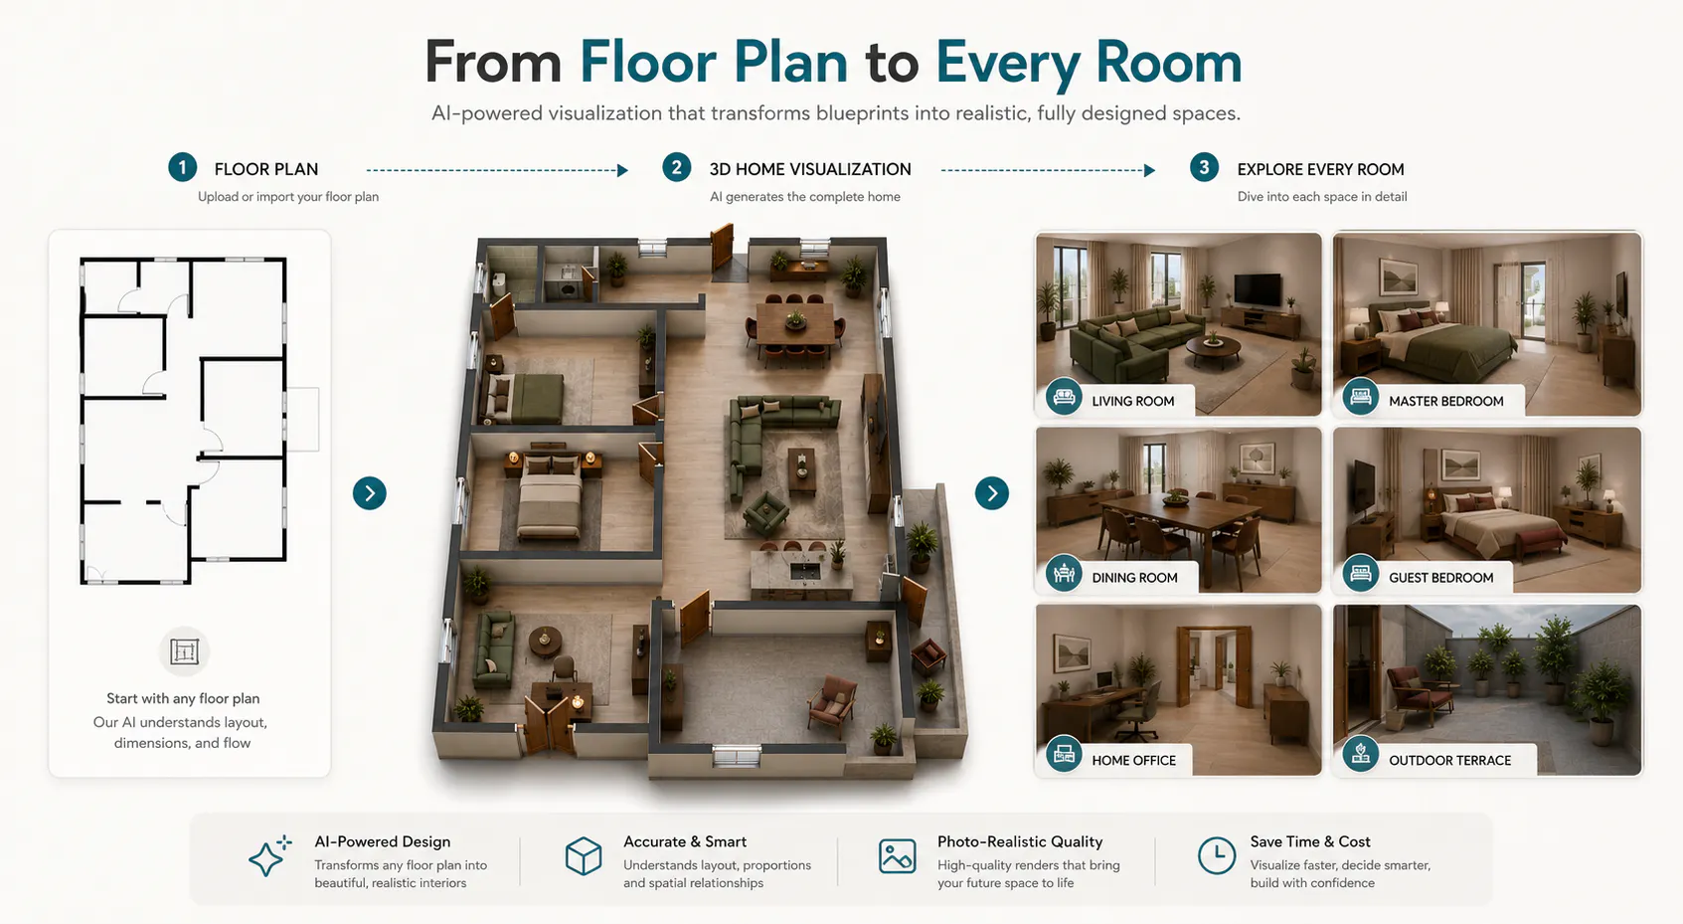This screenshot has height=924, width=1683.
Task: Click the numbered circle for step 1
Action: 183,167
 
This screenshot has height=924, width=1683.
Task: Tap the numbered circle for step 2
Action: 676,167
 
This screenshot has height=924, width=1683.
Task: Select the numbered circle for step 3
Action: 1204,167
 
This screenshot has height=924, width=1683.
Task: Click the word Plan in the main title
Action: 790,63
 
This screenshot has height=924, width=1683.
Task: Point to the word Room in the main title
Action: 1168,63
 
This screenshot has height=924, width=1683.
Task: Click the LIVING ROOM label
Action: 1132,402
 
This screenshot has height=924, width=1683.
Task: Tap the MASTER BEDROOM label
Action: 1445,402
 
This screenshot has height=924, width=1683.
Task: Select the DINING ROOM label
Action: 1134,578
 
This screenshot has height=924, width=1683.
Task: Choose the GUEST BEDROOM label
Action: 1440,578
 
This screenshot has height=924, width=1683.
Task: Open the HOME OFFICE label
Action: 1133,761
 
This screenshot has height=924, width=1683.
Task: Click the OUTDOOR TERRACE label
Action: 1449,761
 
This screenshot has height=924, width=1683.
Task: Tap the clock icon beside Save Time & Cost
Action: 1217,855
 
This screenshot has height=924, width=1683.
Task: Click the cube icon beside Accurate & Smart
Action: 584,855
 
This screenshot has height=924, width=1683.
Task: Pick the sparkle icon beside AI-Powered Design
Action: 269,855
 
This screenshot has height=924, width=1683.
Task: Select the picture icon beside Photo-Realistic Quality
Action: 897,855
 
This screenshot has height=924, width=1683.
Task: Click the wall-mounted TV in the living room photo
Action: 1258,290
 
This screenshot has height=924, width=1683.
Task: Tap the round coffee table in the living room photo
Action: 1214,349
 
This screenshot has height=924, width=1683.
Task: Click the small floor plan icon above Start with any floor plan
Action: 184,651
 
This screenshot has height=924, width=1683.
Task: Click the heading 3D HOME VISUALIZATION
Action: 810,170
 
